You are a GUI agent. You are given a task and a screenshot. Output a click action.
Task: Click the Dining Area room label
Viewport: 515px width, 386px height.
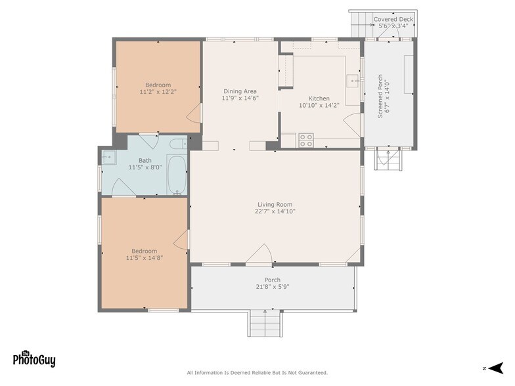[x=240, y=91]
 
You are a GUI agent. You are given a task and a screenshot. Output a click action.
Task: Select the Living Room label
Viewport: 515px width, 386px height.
[x=275, y=204]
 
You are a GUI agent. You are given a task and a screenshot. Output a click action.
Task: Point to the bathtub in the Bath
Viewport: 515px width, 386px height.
[x=176, y=175]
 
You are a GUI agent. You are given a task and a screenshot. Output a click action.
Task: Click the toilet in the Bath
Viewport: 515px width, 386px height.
[x=177, y=144]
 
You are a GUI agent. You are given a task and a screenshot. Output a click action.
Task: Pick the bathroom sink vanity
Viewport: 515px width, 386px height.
[x=109, y=157]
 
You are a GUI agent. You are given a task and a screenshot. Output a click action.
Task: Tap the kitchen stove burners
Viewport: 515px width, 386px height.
[x=306, y=140]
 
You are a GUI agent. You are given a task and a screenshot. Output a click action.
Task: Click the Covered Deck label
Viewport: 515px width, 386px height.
[x=393, y=19]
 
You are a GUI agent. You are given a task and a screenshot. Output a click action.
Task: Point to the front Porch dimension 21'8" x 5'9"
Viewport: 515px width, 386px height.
[x=273, y=288]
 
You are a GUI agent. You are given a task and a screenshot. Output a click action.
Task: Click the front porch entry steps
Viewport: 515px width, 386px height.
[x=265, y=323]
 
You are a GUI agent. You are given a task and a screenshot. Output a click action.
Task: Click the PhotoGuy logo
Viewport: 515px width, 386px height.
[x=34, y=358]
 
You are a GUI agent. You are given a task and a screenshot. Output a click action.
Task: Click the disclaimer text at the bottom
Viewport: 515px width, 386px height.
[x=257, y=373]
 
